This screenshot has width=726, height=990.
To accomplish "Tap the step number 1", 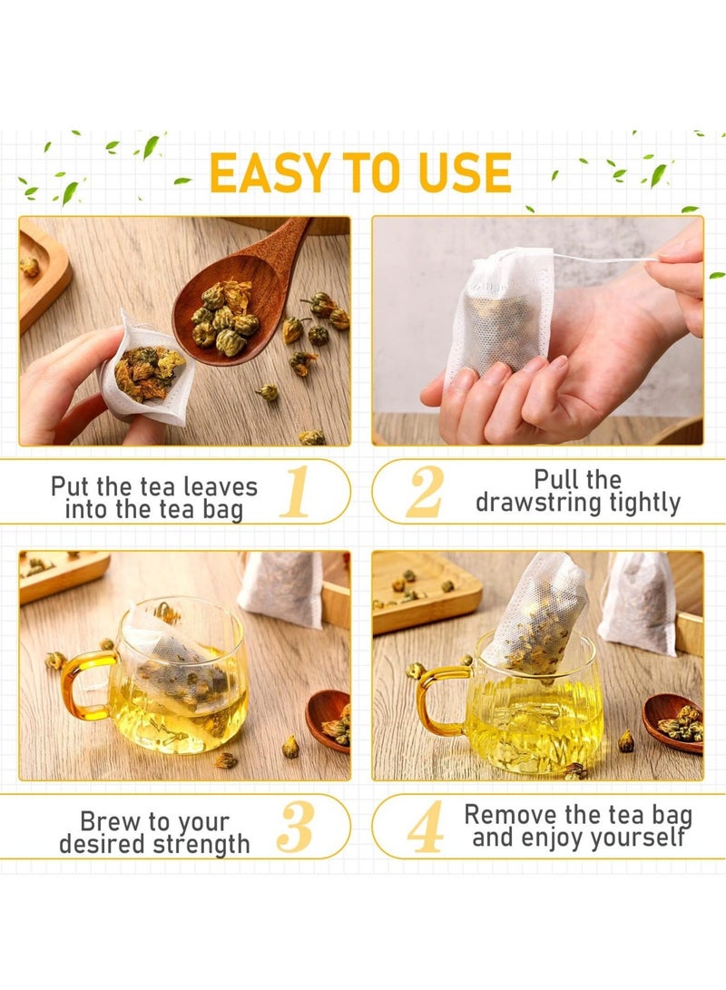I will [294, 492].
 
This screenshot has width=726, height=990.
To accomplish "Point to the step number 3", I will [294, 827].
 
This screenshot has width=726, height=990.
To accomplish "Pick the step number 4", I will [425, 827].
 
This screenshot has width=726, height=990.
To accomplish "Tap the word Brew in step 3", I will [114, 821].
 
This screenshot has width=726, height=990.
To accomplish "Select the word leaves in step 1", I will [216, 486].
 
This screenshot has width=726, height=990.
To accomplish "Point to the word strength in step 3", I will [201, 844].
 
